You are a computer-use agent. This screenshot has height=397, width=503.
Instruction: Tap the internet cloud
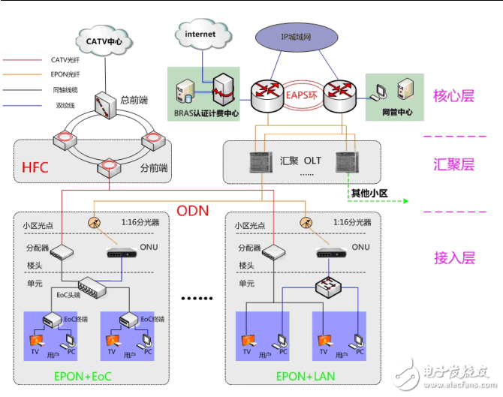pos(200,35)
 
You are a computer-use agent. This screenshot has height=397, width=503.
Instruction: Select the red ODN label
pos(191,209)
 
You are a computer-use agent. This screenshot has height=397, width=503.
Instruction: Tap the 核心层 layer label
pos(453,96)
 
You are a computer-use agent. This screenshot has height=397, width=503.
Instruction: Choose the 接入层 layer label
pos(453,257)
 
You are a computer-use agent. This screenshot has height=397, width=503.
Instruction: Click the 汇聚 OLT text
pos(301,161)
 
